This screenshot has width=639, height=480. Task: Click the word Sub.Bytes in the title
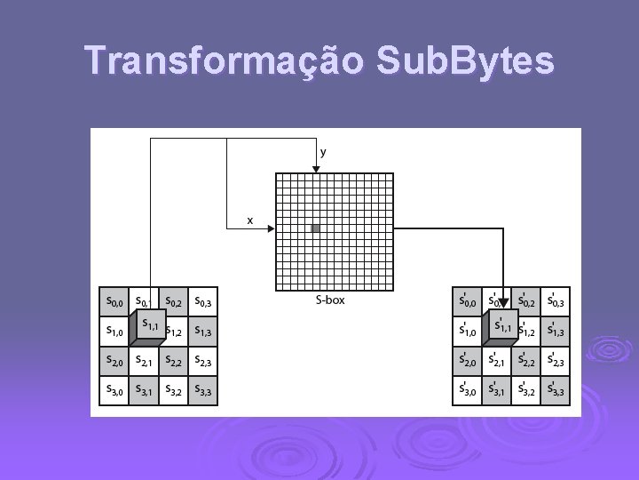(466, 61)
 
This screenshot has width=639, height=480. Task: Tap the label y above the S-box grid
(323, 152)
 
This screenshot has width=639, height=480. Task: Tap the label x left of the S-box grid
(249, 219)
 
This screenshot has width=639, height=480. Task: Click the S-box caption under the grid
(330, 300)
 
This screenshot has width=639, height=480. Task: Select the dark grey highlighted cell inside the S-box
(315, 228)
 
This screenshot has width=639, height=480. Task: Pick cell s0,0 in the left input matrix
(114, 302)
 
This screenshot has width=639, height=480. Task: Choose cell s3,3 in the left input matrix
(203, 390)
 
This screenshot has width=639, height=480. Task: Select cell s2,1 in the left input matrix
(144, 361)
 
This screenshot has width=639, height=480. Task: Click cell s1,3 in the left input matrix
(203, 332)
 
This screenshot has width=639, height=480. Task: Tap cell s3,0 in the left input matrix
(114, 390)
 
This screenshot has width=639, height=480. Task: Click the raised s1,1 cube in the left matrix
(147, 324)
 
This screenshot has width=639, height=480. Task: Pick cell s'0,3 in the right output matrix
(556, 302)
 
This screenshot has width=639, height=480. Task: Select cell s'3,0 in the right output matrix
(468, 390)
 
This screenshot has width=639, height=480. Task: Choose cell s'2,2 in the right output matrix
(526, 361)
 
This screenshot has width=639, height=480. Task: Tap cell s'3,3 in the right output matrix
(556, 390)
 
